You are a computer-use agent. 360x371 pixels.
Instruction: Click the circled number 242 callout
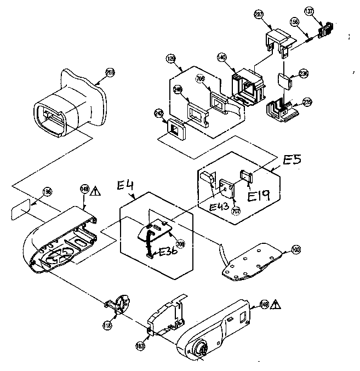(x=159, y=113)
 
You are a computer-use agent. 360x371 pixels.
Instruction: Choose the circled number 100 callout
(x=296, y=250)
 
